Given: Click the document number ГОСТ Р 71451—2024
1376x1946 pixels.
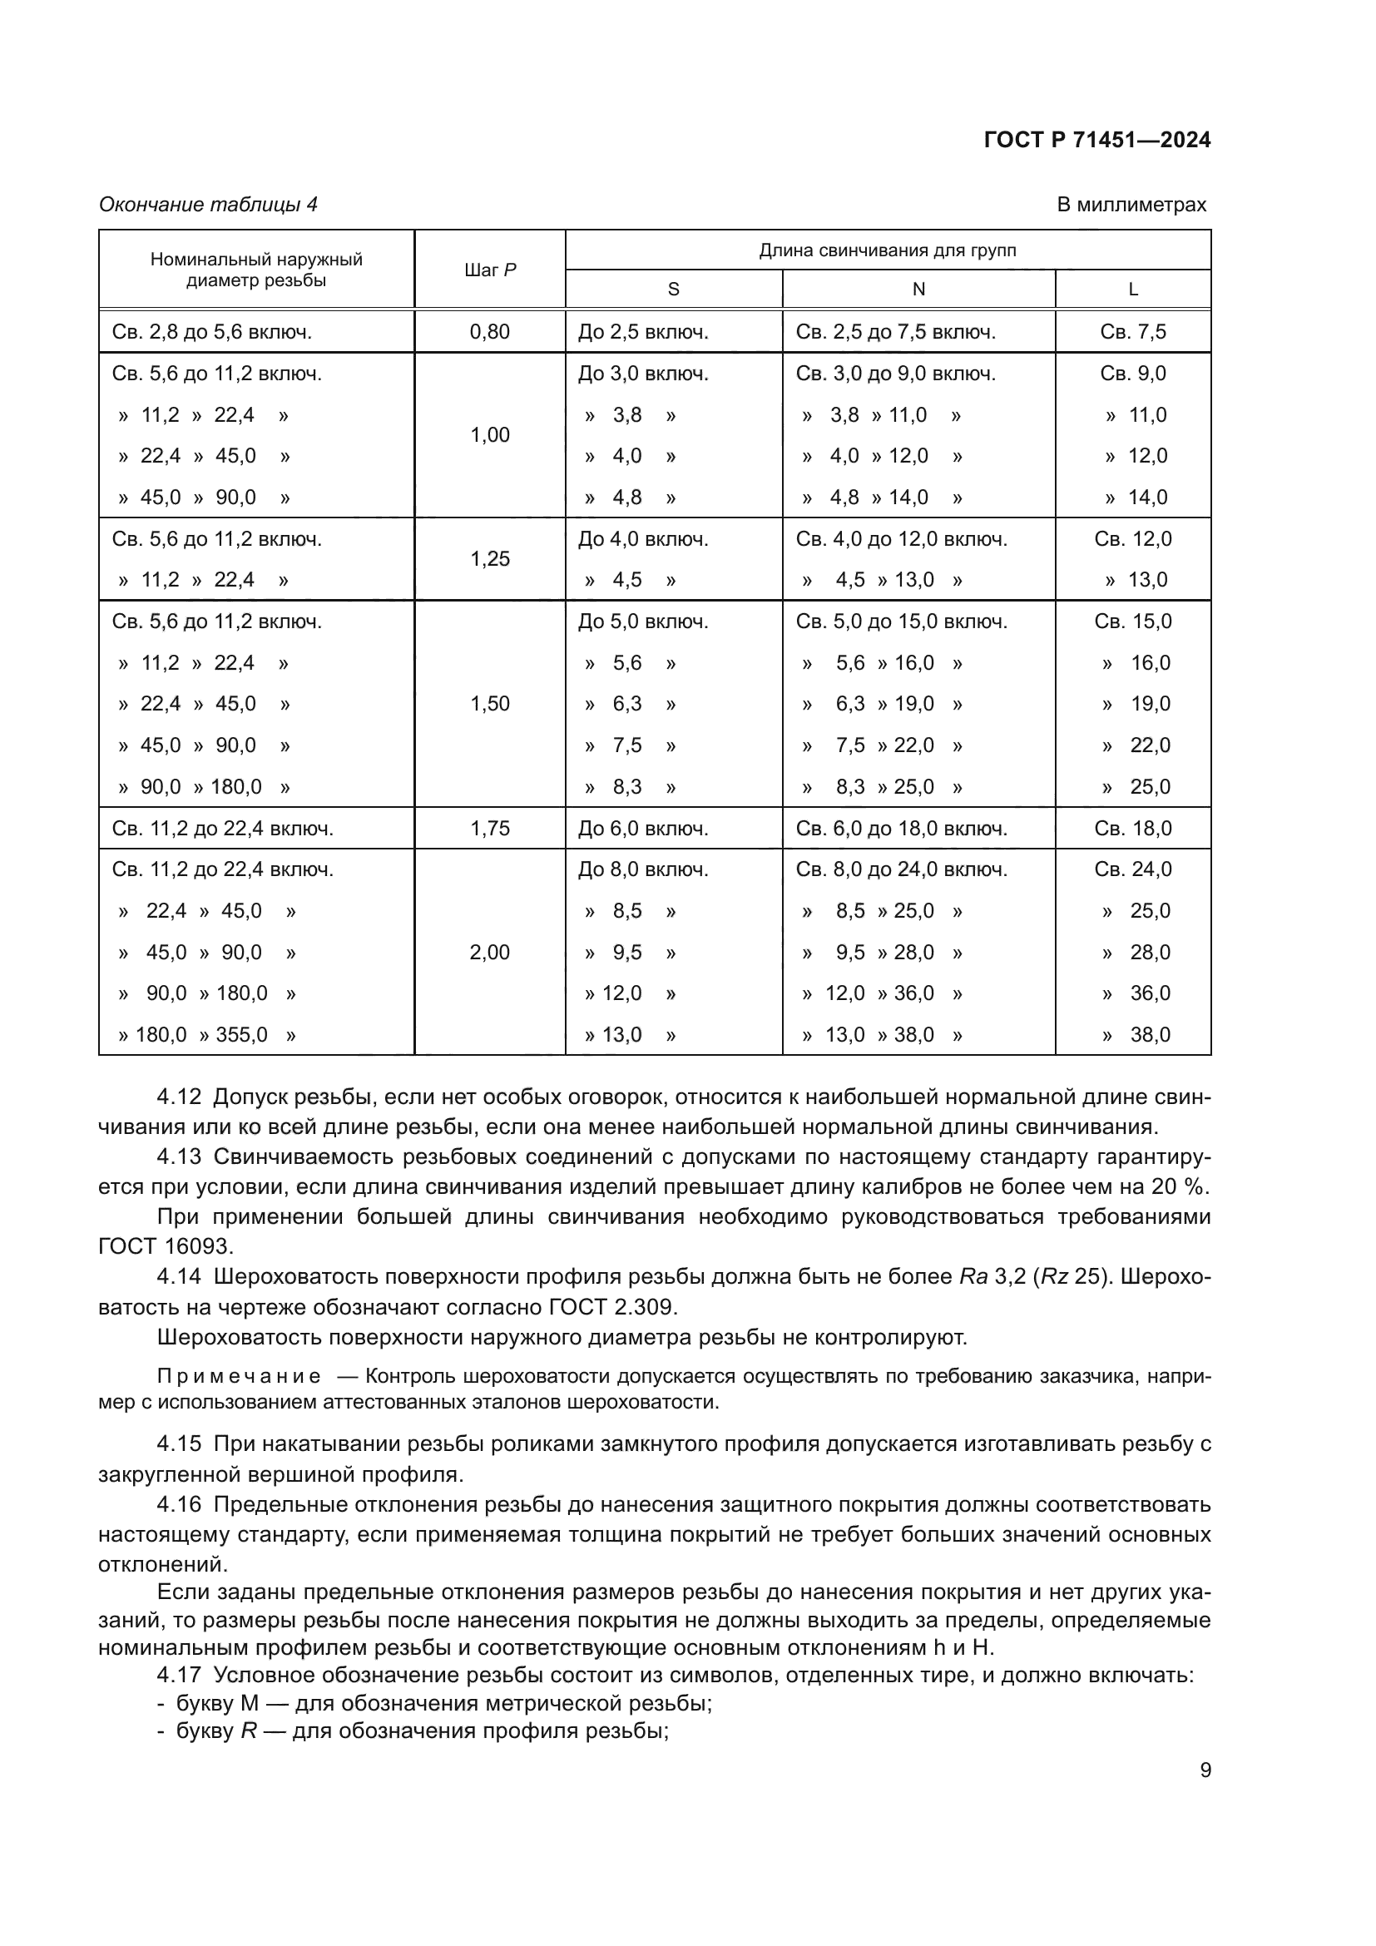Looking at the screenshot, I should click(1096, 141).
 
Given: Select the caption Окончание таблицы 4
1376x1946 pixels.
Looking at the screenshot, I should click(209, 205).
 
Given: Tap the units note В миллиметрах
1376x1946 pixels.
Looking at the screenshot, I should click(1131, 205).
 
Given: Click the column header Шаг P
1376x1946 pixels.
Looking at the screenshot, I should click(490, 270).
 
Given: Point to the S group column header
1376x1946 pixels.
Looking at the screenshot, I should click(674, 290).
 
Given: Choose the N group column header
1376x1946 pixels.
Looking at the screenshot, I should click(918, 290).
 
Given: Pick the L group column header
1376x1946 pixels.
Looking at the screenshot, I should click(1133, 290).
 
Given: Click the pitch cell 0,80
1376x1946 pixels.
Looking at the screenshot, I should click(490, 331).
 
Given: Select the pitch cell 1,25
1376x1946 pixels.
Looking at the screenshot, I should click(490, 558).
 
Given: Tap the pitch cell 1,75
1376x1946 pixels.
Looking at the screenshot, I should click(490, 828).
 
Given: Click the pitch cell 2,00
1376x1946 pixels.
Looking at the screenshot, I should click(490, 952).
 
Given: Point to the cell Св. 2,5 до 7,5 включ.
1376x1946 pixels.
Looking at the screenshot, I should click(895, 331).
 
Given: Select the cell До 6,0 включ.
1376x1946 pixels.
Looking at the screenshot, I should click(642, 828).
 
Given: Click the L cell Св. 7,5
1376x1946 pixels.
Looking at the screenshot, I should click(1133, 331).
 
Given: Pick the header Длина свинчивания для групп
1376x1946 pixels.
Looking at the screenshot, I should click(887, 250).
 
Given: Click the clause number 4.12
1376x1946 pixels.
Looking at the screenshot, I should click(179, 1097).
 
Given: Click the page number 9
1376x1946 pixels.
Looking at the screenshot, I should click(1205, 1770).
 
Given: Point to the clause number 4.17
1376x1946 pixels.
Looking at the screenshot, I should click(179, 1675).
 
